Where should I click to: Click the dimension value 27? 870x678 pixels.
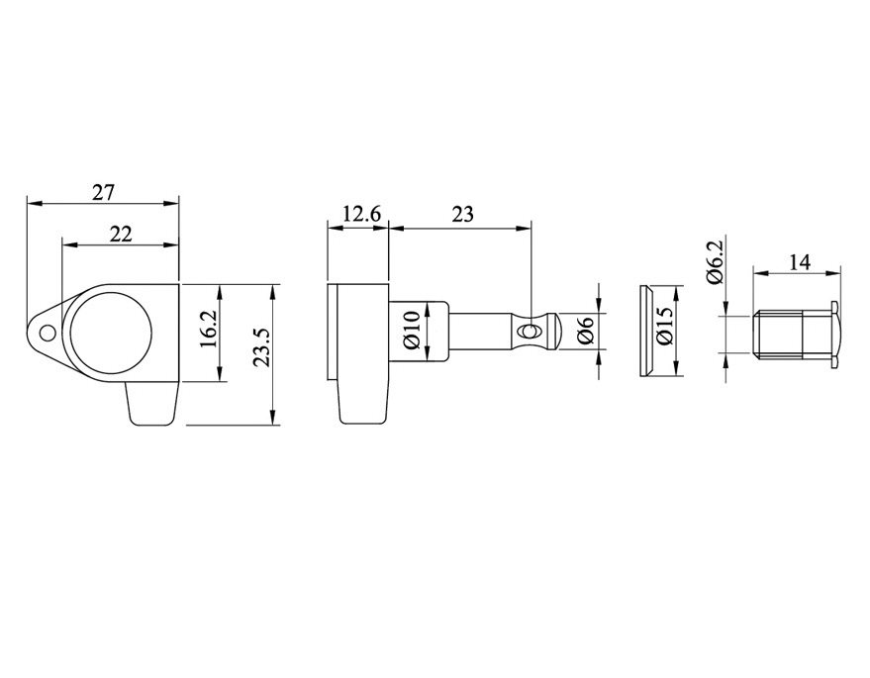pyautogui.click(x=103, y=193)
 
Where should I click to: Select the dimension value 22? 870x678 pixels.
pyautogui.click(x=121, y=235)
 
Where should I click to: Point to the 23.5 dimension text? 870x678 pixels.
pyautogui.click(x=260, y=347)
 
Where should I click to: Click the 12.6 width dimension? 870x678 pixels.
pyautogui.click(x=362, y=214)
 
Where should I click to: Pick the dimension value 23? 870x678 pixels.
pyautogui.click(x=463, y=214)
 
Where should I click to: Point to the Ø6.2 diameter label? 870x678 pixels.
pyautogui.click(x=716, y=262)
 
